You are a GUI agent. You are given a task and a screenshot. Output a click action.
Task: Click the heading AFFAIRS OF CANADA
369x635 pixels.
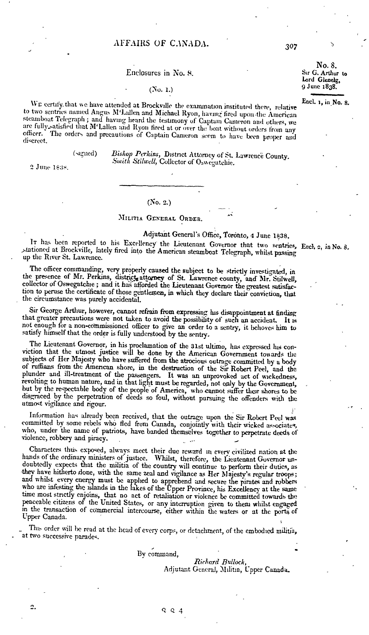pyautogui.click(x=161, y=43)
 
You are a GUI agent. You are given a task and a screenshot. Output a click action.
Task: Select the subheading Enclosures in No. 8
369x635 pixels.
pyautogui.click(x=160, y=73)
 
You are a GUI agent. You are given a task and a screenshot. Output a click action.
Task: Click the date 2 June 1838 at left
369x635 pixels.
pyautogui.click(x=49, y=168)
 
